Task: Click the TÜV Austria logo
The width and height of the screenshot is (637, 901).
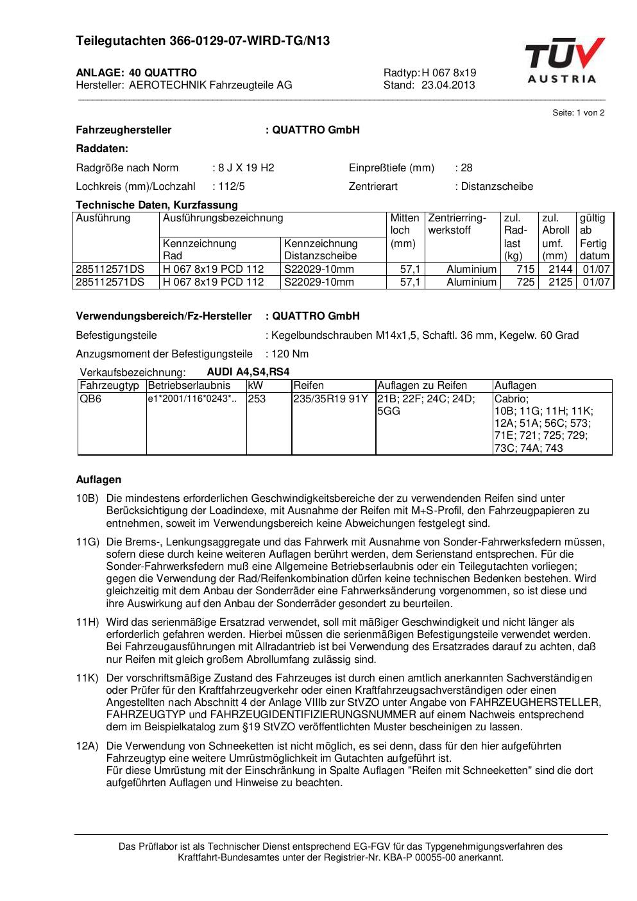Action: coord(564,61)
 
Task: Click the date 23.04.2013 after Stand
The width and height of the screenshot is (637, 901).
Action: coord(448,85)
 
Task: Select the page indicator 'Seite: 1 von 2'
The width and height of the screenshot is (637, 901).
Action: coord(578,113)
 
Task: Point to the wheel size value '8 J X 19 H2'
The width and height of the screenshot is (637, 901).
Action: coord(246,168)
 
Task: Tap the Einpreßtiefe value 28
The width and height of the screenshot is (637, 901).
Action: coord(466,168)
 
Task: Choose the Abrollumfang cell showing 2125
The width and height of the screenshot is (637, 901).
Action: coord(560,282)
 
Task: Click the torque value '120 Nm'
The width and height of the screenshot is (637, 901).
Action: coord(290,354)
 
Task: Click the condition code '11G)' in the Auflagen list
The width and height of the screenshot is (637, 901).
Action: coord(87,542)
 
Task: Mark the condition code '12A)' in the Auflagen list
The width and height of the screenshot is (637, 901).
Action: coord(87,746)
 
